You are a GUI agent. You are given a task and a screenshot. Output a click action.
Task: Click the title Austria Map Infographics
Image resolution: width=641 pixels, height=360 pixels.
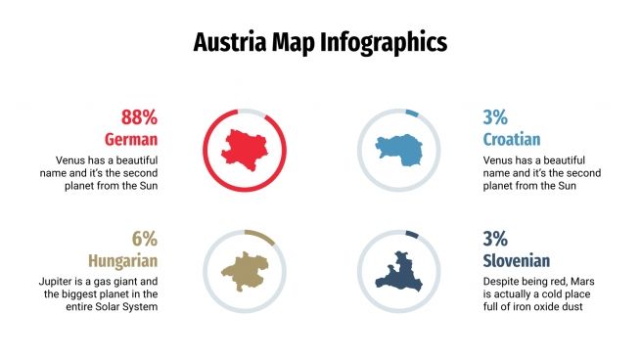[320, 42]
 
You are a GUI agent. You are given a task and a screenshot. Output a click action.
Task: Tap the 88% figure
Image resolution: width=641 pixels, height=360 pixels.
[139, 117]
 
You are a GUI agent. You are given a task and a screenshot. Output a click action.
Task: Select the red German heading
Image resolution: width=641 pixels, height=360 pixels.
[131, 139]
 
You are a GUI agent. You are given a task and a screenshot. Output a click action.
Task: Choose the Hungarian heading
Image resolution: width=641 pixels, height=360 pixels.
[122, 261]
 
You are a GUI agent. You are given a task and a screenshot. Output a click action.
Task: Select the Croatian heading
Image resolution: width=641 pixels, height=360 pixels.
[512, 139]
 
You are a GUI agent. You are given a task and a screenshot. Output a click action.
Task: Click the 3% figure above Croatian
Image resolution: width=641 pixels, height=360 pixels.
[495, 117]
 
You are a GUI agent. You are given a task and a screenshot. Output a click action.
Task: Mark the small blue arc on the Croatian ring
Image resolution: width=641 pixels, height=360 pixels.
[412, 111]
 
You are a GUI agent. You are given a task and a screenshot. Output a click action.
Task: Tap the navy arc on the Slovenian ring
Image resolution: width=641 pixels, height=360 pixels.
[412, 233]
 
